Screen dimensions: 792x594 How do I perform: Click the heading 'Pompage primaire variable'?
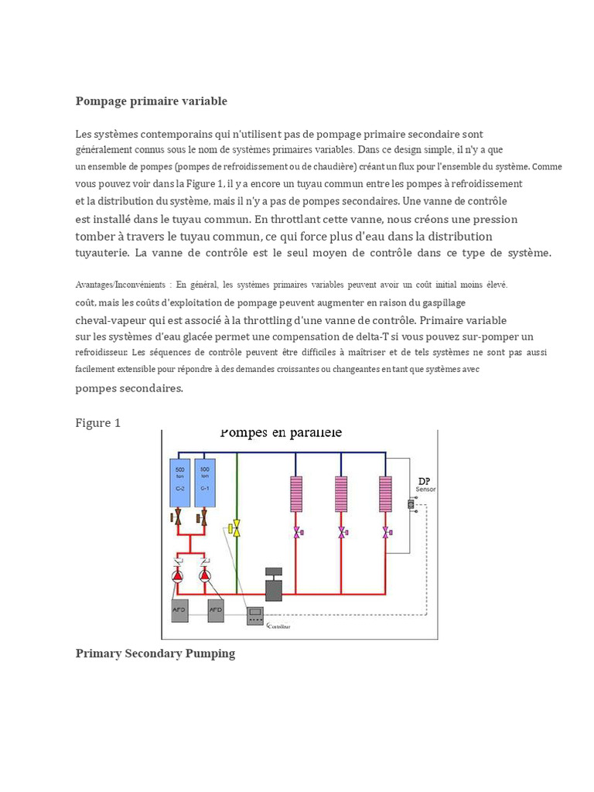point(151,101)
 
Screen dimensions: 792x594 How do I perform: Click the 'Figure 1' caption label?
point(97,423)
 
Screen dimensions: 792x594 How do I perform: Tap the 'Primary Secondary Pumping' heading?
point(155,654)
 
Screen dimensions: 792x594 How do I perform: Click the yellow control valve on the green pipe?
point(237,528)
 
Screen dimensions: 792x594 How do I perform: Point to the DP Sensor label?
point(425,484)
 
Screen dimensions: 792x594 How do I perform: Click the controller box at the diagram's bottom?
point(257,616)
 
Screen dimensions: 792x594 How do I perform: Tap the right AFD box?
point(216,609)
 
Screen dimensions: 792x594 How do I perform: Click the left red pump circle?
point(178,575)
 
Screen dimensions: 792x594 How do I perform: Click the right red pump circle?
point(205,575)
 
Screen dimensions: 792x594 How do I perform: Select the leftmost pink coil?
point(296,493)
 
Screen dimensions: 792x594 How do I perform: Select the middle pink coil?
point(341,493)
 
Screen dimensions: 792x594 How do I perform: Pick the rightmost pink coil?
point(385,493)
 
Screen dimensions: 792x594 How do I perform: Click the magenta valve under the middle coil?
point(341,532)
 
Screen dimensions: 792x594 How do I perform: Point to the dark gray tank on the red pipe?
point(275,585)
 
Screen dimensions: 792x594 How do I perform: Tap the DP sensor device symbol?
point(411,504)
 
